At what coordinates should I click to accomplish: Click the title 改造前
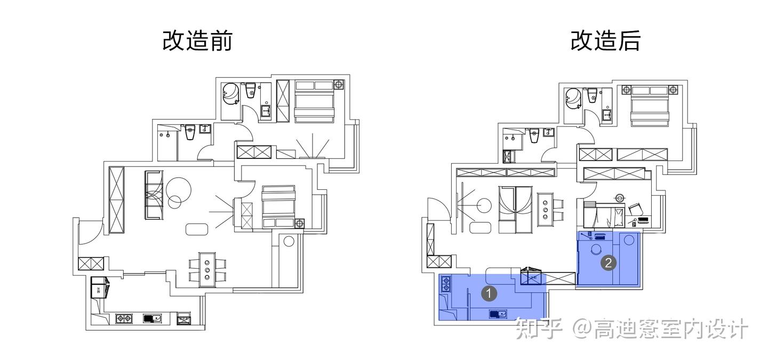pyautogui.click(x=197, y=41)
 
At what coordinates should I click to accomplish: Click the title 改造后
pyautogui.click(x=605, y=41)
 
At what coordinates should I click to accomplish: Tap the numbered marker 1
pyautogui.click(x=489, y=292)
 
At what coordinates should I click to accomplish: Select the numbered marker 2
pyautogui.click(x=609, y=262)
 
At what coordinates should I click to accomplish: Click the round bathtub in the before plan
pyautogui.click(x=231, y=95)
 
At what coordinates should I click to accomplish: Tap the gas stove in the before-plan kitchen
pyautogui.click(x=124, y=318)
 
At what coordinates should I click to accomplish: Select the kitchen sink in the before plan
pyautogui.click(x=153, y=318)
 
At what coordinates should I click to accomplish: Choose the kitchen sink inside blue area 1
pyautogui.click(x=498, y=314)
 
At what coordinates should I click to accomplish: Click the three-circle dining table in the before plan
pyautogui.click(x=207, y=270)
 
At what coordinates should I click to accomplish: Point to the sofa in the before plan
pyautogui.click(x=153, y=195)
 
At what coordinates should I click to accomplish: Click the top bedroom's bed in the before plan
pyautogui.click(x=314, y=101)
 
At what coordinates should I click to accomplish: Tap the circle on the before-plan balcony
pyautogui.click(x=289, y=241)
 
